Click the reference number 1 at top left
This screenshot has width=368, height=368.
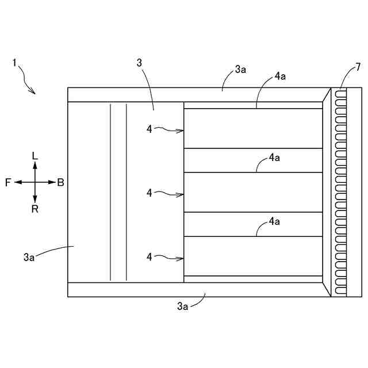pos(14,62)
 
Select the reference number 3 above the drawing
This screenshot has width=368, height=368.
pos(139,62)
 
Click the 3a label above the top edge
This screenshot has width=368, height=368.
pos(240,70)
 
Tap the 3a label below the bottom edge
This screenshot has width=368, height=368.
pos(183,307)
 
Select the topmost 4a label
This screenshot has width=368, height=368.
pos(280,76)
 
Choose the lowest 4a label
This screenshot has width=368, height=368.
pos(274,221)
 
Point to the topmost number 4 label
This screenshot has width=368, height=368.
pos(149,129)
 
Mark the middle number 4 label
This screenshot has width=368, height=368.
pos(149,193)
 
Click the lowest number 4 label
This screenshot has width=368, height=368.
pos(149,258)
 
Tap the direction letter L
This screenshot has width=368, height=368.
pos(35,156)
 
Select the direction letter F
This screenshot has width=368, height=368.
pos(8,182)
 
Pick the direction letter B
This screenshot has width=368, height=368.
pos(60,182)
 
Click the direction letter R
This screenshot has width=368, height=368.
pos(35,209)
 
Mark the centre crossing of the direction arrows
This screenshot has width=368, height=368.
pos(35,182)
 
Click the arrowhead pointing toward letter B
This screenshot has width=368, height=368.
pos(52,182)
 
